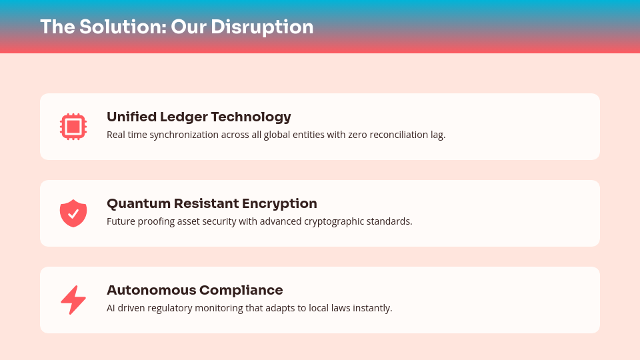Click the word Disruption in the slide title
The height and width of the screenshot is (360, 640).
[262, 27]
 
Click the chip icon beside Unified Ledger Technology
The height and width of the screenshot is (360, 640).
[73, 127]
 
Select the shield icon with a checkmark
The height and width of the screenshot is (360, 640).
[73, 213]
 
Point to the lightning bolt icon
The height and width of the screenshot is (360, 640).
[73, 300]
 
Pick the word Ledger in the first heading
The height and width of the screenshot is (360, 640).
[184, 117]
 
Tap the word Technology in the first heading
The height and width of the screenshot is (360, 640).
[251, 117]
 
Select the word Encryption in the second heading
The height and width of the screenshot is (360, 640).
[279, 204]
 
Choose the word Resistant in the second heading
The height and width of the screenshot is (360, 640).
[206, 203]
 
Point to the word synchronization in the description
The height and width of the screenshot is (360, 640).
[184, 135]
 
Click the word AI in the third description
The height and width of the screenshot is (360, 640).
[111, 308]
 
